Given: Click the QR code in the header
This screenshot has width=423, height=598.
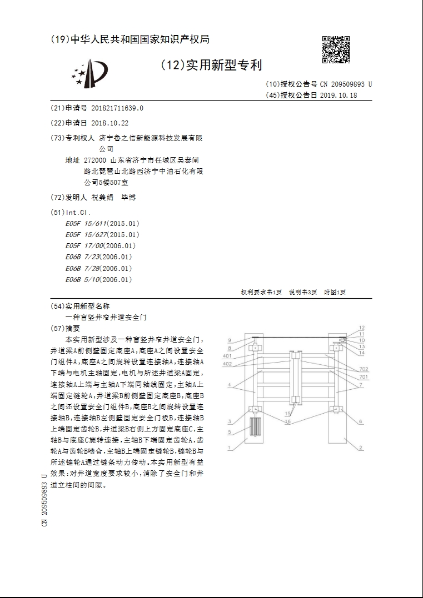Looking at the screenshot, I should click(336, 49).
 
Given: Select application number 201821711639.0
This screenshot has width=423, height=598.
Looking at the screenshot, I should click(116, 108).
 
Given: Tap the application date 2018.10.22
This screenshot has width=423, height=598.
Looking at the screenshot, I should click(110, 123).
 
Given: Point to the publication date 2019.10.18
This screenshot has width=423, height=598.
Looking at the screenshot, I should click(338, 95).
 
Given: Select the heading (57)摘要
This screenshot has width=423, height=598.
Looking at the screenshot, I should click(66, 328).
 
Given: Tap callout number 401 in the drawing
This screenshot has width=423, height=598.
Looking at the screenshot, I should click(227, 355).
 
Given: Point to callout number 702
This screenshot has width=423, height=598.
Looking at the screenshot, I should click(363, 369).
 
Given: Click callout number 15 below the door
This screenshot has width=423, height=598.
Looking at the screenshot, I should click(287, 414).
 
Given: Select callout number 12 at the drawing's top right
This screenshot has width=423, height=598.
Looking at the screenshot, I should click(361, 328).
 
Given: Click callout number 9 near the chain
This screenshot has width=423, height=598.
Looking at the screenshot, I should click(228, 340).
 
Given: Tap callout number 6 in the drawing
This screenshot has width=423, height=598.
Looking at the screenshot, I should click(360, 421).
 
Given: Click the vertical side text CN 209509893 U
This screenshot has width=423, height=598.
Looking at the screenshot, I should click(44, 500).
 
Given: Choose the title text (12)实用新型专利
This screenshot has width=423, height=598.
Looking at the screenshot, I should click(211, 66).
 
